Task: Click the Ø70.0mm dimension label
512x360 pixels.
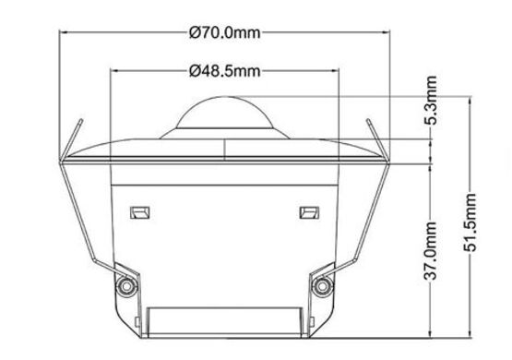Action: pos(225,32)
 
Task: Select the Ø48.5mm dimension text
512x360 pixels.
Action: pos(225,71)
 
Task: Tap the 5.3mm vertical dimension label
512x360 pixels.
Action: pos(431,100)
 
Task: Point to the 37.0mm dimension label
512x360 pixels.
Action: pos(431,251)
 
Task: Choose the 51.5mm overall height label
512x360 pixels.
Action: pos(470,222)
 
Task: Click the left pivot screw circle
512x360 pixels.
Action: pos(126,286)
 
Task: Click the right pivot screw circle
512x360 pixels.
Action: pos(322,286)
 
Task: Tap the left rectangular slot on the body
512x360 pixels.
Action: pos(139,212)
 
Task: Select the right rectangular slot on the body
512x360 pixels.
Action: pos(309,212)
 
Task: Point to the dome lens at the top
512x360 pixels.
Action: pos(224,112)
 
